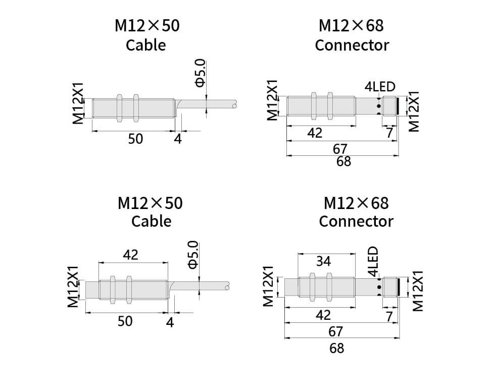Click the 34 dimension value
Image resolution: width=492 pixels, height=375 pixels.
(x=323, y=262)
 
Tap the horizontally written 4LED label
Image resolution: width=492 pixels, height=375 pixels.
(x=380, y=87)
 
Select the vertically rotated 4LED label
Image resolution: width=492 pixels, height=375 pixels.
(x=373, y=261)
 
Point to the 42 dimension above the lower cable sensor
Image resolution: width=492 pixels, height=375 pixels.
(x=130, y=255)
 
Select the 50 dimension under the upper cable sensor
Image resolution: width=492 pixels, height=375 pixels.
(x=135, y=138)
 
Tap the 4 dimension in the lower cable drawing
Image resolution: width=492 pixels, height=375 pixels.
(x=170, y=321)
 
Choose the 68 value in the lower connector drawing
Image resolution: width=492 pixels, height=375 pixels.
(x=336, y=348)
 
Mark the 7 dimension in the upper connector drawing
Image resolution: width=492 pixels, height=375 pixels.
(x=389, y=133)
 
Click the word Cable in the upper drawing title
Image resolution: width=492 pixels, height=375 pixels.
(x=145, y=45)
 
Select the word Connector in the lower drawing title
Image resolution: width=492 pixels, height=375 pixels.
(x=356, y=221)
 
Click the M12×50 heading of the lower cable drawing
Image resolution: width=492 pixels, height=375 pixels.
(x=150, y=203)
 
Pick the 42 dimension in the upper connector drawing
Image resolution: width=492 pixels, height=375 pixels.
(x=315, y=133)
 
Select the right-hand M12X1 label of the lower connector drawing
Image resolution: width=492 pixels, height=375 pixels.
(x=417, y=290)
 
